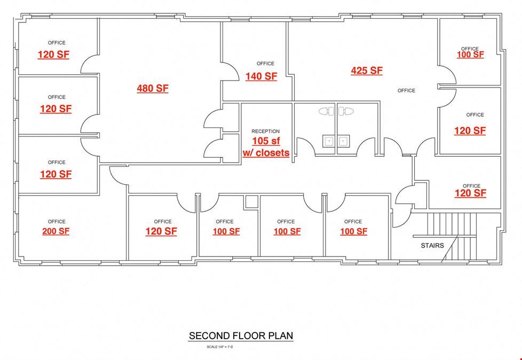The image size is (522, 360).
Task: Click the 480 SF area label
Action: [x=153, y=88]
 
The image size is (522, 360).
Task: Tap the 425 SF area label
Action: [x=367, y=70]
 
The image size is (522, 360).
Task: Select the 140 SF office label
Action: [x=262, y=76]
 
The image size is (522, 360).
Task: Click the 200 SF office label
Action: [x=56, y=231]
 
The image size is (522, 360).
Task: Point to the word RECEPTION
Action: [x=265, y=131]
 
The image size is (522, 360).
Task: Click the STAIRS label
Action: [x=432, y=245]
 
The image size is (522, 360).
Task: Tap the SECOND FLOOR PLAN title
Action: [x=241, y=335]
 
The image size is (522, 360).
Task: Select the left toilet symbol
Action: [x=327, y=111]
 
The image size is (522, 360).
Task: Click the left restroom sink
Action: [x=329, y=141]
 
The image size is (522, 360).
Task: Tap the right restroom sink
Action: [x=344, y=141]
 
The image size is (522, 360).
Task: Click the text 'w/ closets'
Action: [x=266, y=153]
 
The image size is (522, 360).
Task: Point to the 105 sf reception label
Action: [x=266, y=141]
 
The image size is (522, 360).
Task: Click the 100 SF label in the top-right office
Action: [x=470, y=54]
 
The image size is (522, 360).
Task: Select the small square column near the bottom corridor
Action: [x=252, y=202]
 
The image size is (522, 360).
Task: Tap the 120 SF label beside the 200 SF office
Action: [x=161, y=231]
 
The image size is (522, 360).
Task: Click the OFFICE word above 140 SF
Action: [x=265, y=63]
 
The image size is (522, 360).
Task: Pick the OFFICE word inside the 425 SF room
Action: [x=406, y=91]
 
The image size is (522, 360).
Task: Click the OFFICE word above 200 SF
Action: [x=57, y=221]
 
